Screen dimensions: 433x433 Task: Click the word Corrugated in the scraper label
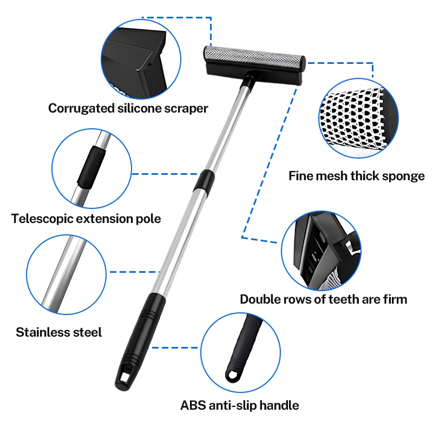[81, 108]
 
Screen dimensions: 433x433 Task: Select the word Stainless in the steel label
[42, 332]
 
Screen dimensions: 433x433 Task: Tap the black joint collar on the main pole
[204, 181]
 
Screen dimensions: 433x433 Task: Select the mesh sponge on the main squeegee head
[253, 58]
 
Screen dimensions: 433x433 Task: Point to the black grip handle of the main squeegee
[141, 341]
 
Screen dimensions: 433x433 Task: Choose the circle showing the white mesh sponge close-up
[358, 118]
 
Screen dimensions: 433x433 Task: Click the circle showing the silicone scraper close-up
[141, 59]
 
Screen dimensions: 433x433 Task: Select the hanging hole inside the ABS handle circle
[232, 376]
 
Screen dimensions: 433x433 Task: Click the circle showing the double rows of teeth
[321, 251]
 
